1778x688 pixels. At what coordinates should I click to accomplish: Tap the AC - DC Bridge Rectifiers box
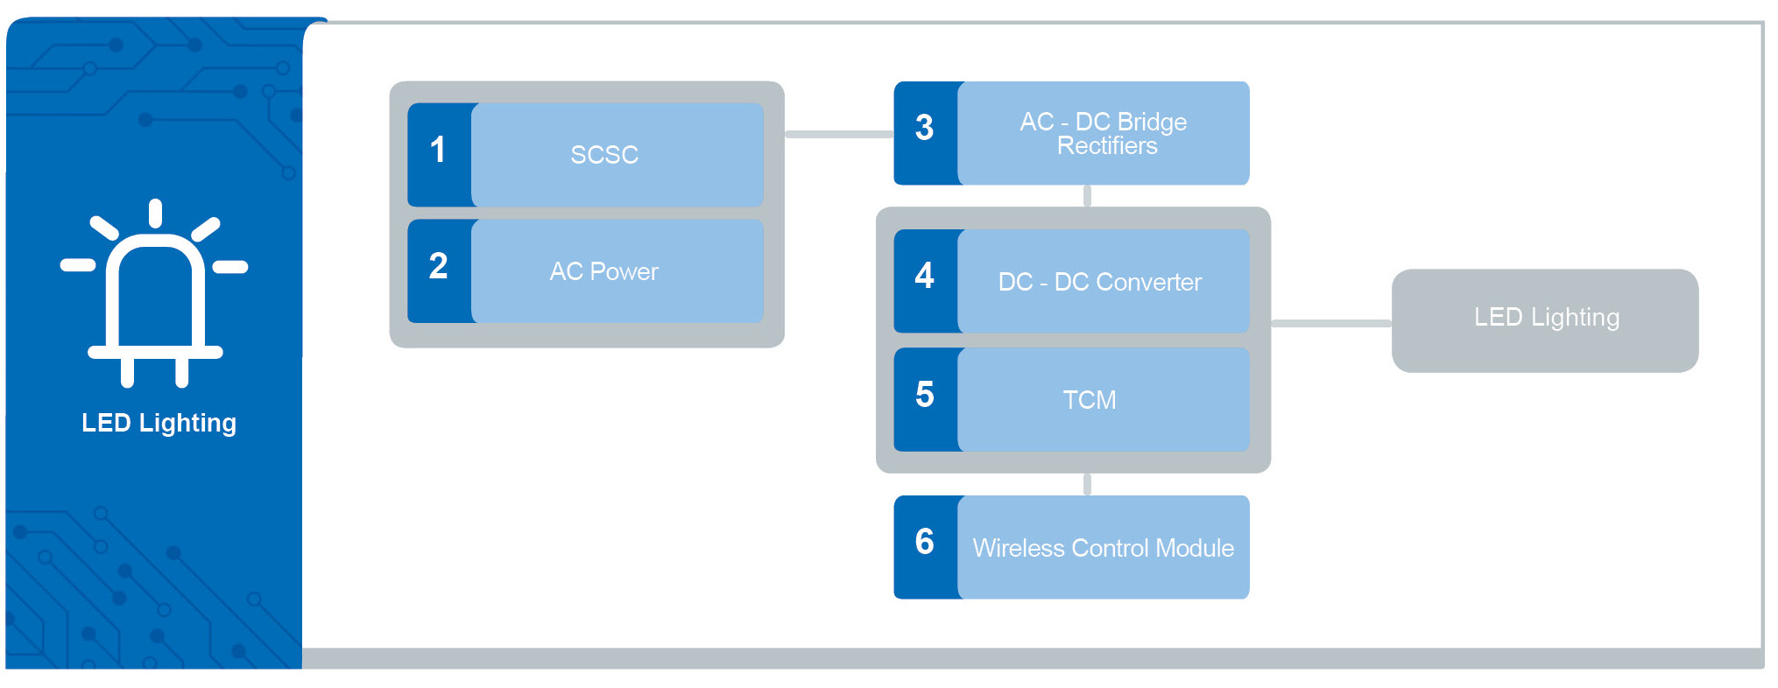(1103, 133)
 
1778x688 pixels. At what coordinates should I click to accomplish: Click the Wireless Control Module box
(1103, 548)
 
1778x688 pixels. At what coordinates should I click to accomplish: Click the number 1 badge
(439, 151)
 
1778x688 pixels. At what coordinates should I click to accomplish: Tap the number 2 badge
(439, 267)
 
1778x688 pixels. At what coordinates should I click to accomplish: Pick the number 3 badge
(925, 129)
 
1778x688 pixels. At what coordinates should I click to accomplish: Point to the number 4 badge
(925, 277)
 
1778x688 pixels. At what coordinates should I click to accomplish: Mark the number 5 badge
(925, 396)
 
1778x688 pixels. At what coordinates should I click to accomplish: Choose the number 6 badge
(925, 543)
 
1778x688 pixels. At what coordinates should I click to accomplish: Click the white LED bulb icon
(155, 293)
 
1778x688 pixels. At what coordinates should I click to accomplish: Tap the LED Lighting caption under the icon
(159, 424)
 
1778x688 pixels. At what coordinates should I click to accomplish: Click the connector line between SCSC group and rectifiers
(838, 134)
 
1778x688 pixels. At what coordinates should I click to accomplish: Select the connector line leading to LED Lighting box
(1330, 323)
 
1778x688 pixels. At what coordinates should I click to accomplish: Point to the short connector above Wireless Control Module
(1087, 484)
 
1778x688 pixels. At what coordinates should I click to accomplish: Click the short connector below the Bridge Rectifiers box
(1087, 196)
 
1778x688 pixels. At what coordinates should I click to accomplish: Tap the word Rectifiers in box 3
(1107, 146)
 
